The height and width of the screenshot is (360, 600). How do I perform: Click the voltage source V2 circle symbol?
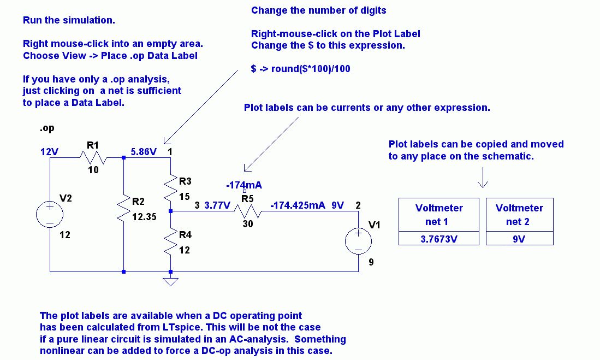[x=50, y=214]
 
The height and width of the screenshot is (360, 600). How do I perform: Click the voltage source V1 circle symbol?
[x=359, y=241]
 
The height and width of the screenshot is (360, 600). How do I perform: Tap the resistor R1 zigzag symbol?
[x=92, y=158]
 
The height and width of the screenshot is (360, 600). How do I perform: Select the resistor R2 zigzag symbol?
[x=124, y=208]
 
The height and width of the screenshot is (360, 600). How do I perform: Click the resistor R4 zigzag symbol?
[x=171, y=243]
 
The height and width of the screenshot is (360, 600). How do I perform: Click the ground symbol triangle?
[x=171, y=281]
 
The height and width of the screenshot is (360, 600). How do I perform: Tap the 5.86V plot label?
[x=143, y=151]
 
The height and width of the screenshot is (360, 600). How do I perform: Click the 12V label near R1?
[x=50, y=151]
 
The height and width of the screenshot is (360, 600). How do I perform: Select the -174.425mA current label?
[x=298, y=205]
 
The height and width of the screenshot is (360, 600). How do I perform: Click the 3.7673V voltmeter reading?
[x=439, y=238]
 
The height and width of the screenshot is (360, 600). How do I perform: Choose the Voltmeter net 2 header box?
[x=519, y=215]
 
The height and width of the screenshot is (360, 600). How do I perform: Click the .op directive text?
[x=47, y=129]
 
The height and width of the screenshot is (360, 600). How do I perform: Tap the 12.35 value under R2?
[x=144, y=216]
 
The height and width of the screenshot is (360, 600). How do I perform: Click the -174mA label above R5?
[x=244, y=185]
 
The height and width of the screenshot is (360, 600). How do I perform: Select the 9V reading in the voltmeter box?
[x=519, y=238]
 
